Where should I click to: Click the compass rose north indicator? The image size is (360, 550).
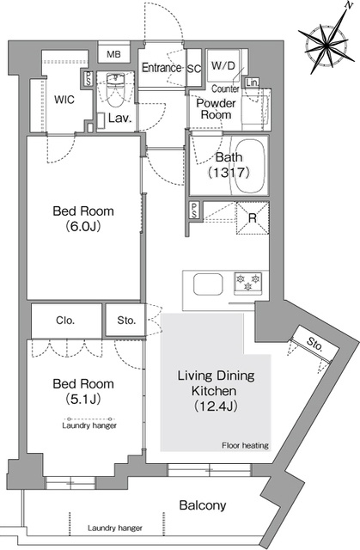tap(326, 44)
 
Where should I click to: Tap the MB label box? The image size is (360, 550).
tap(113, 54)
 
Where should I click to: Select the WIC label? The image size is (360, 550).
tap(64, 100)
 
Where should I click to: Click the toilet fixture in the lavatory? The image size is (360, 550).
tap(116, 89)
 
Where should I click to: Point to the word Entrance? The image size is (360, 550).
tap(162, 68)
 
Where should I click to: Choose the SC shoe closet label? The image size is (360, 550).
tap(194, 69)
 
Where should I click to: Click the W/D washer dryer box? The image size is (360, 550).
tap(223, 65)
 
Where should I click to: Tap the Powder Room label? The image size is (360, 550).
tap(216, 109)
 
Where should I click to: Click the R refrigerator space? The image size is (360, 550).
tap(253, 218)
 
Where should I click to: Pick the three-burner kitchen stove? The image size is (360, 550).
tap(248, 283)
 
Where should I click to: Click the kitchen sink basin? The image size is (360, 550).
tap(208, 284)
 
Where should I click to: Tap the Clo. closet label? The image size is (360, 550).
tap(65, 321)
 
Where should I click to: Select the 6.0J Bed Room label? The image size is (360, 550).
tap(83, 218)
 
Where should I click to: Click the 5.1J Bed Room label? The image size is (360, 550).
tap(83, 391)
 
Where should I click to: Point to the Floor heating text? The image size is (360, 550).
tap(245, 445)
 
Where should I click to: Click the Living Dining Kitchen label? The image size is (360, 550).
tap(216, 390)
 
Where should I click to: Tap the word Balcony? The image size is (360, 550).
tap(203, 505)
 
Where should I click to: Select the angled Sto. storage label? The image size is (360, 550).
tap(314, 345)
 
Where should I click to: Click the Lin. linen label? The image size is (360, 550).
tap(252, 82)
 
